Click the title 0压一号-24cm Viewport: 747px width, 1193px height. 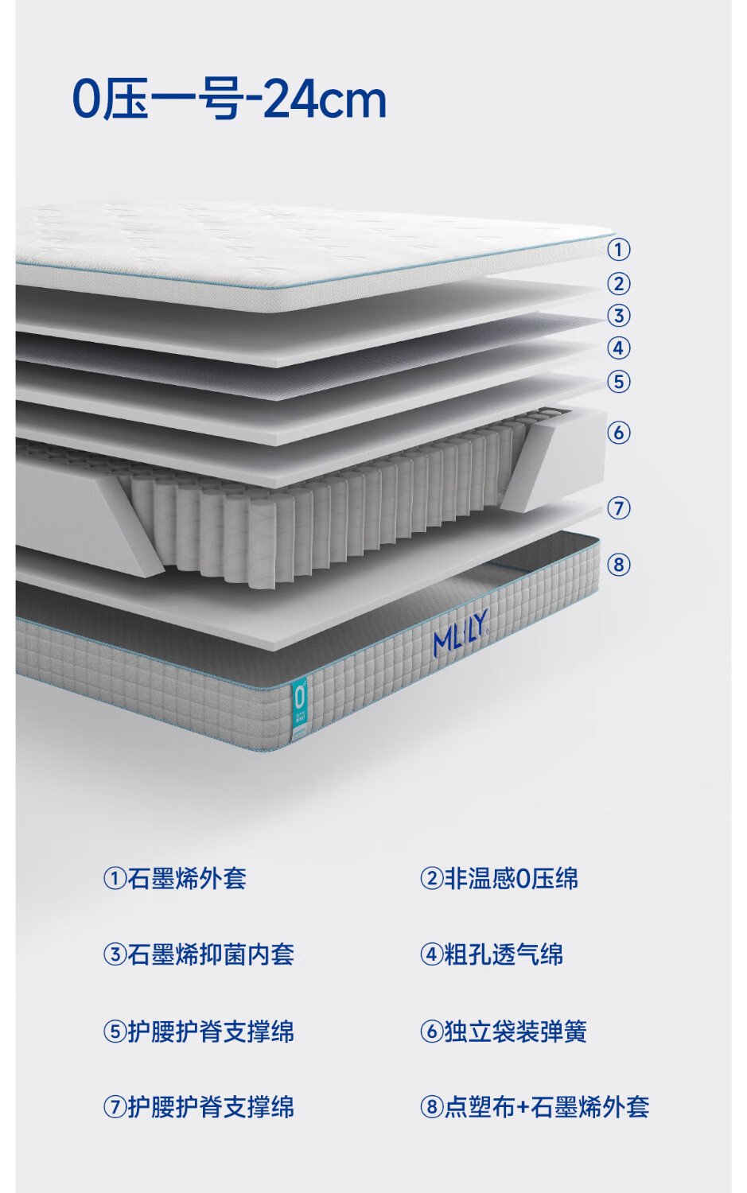pyautogui.click(x=229, y=99)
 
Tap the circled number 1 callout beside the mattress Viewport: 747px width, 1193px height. pyautogui.click(x=619, y=249)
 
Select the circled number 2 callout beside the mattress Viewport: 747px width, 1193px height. pyautogui.click(x=619, y=283)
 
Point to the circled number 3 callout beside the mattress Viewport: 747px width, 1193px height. pyautogui.click(x=619, y=315)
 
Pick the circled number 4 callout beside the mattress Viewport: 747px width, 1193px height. pyautogui.click(x=619, y=348)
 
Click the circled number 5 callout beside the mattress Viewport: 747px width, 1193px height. pyautogui.click(x=619, y=381)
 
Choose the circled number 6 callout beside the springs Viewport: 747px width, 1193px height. pyautogui.click(x=619, y=432)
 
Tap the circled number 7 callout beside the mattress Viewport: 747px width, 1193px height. pyautogui.click(x=619, y=507)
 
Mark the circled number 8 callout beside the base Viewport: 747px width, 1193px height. pyautogui.click(x=619, y=564)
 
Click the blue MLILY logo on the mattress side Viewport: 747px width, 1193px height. pyautogui.click(x=461, y=634)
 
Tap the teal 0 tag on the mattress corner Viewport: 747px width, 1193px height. pyautogui.click(x=301, y=709)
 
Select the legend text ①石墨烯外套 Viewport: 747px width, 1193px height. pyautogui.click(x=175, y=878)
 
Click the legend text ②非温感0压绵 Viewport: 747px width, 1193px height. pyautogui.click(x=499, y=878)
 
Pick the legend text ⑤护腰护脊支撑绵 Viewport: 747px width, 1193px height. pyautogui.click(x=198, y=1031)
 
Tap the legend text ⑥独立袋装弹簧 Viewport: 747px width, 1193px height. pyautogui.click(x=504, y=1031)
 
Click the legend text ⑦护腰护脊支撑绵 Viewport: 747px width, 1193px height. pyautogui.click(x=198, y=1107)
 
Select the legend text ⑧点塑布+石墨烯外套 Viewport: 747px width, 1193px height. pyautogui.click(x=535, y=1107)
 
